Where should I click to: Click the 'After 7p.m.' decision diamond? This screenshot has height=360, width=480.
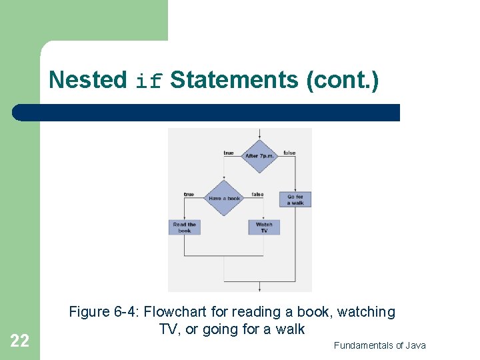pos(259,156)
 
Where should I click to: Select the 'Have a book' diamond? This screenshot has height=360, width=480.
pos(224,198)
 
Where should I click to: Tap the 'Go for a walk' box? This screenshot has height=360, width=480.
pos(295,199)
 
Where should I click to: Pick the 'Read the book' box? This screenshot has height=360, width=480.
pos(184,227)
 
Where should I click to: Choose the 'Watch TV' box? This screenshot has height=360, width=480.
pos(264,227)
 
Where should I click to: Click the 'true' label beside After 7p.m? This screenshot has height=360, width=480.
pos(229,153)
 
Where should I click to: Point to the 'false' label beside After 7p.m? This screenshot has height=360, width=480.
pos(289,153)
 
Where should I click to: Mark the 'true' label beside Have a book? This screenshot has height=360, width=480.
pos(189,195)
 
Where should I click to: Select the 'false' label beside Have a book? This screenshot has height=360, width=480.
pos(257,195)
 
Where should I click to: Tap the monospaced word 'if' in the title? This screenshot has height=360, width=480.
pos(149,81)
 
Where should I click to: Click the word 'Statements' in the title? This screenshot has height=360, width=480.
pos(234,80)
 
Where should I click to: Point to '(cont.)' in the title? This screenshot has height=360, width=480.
pos(341,80)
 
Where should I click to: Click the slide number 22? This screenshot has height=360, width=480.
pos(20,341)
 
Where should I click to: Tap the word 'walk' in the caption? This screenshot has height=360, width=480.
pos(291,329)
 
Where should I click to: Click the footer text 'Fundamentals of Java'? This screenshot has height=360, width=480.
pos(379,345)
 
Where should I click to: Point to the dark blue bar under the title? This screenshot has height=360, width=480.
pos(207,113)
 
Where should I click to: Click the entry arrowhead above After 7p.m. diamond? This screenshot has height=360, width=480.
pos(259,137)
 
